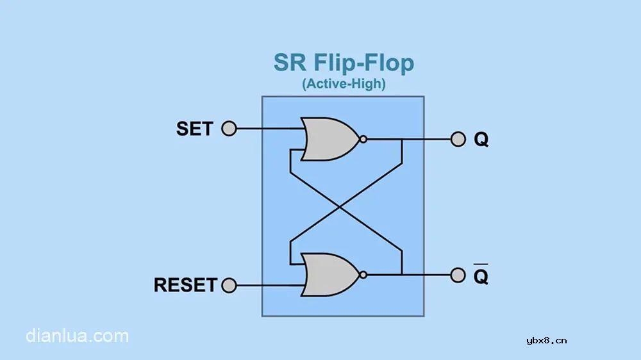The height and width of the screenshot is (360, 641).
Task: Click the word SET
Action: click(x=194, y=129)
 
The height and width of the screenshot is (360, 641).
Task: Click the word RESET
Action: click(x=185, y=284)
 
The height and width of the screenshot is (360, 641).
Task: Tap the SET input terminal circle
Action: click(x=229, y=129)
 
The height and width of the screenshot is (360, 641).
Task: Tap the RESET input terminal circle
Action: click(x=229, y=284)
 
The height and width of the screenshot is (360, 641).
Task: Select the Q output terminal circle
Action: click(x=458, y=139)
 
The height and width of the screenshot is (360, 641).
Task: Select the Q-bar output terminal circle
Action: click(x=458, y=275)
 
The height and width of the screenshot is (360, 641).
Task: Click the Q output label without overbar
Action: click(x=481, y=140)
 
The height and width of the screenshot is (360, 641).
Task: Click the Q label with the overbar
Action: click(x=481, y=276)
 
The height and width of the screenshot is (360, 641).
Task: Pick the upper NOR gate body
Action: click(x=329, y=139)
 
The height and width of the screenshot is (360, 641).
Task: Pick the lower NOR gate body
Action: click(x=329, y=275)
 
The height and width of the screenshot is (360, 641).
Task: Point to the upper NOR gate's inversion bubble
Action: click(x=363, y=139)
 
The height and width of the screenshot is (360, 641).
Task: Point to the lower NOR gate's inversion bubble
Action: click(x=363, y=275)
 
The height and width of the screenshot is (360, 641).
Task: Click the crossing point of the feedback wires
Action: click(x=345, y=207)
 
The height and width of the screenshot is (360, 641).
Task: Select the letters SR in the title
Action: click(x=290, y=63)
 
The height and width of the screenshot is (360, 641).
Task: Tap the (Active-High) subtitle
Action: click(x=343, y=84)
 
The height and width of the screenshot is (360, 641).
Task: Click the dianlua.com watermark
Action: click(x=77, y=336)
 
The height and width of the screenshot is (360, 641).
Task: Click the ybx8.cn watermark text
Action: click(x=546, y=340)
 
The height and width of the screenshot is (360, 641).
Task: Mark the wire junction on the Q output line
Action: click(x=401, y=139)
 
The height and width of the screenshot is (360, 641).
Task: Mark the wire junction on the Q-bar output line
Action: click(x=401, y=275)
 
